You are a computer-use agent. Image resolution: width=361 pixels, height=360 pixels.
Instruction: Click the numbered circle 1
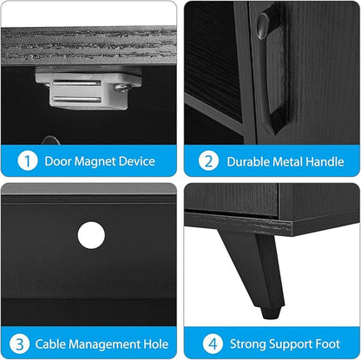pos(28,160)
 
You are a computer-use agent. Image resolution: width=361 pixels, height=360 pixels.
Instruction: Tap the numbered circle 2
pos(208,161)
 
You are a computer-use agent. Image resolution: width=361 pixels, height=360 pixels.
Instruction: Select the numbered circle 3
pos(19,344)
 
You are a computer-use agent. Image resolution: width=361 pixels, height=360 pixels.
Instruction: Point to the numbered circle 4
pos(213,344)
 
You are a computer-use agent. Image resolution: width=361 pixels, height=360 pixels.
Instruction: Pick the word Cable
pos(50,344)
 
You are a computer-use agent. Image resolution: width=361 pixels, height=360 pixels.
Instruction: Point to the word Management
pos(104,344)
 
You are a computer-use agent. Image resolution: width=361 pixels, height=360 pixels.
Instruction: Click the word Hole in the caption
pos(156,344)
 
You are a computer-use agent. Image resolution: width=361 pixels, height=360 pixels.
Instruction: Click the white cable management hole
pos(91,235)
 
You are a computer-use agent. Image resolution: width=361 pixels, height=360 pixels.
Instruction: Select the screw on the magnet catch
pos(123,88)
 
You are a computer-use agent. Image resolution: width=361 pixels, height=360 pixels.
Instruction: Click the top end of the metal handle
pos(263,24)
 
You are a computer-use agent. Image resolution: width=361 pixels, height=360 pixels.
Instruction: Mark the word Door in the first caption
pos(58,161)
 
